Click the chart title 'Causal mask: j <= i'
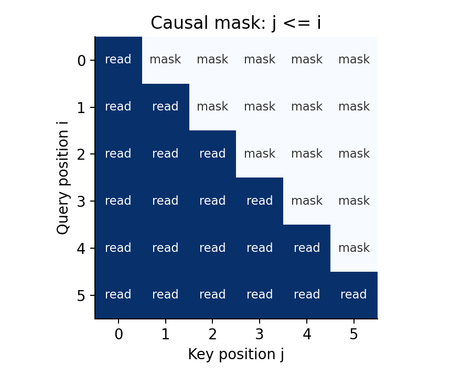pos(235,23)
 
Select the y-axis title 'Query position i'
pos(63,178)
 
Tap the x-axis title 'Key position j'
pos(235,354)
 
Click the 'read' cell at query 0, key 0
pos(119,60)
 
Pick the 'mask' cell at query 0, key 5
pos(354,60)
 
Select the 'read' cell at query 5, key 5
pos(354,295)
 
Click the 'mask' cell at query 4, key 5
pos(354,248)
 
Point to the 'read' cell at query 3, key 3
pos(260,201)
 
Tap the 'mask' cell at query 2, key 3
pos(260,154)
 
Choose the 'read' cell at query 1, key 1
pos(166,107)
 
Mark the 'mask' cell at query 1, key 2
pos(212,107)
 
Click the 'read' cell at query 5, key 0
pos(119,295)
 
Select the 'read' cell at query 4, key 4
pos(307,248)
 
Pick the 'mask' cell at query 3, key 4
pos(307,201)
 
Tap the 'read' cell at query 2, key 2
pos(212,154)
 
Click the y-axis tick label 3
pos(81,202)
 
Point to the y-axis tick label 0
pos(81,60)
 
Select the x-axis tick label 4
pos(307,334)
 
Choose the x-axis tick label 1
pos(166,334)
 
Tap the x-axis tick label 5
pos(354,334)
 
